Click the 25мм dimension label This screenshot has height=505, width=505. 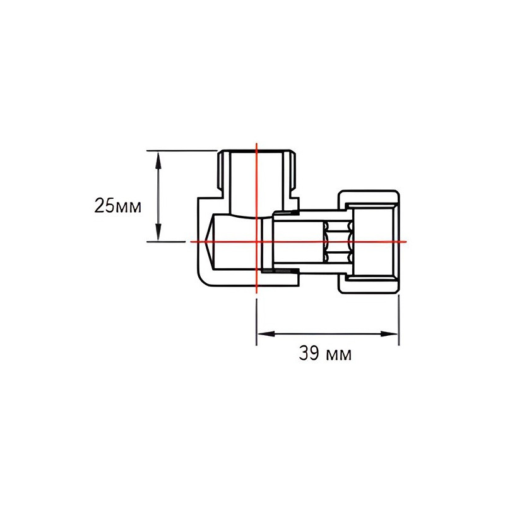coord(117,205)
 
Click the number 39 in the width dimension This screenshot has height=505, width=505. coord(308,354)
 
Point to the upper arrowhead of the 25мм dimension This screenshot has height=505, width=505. coord(159,156)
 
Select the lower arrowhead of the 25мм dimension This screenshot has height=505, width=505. coord(159,235)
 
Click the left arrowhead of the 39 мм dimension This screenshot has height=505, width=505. coord(261,333)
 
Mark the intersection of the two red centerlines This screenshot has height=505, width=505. coord(256,241)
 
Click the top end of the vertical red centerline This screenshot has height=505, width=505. coord(256,145)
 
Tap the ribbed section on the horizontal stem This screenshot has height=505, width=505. coord(335,241)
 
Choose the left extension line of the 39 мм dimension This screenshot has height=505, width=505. coord(256,322)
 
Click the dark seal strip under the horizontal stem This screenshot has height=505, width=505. coord(278,271)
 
